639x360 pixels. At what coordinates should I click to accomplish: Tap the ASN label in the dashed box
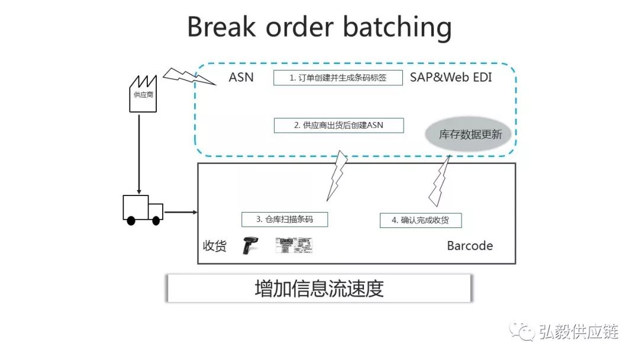241,77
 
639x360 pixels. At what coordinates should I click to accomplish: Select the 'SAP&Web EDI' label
451,77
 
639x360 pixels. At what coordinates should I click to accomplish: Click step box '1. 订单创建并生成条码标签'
338,78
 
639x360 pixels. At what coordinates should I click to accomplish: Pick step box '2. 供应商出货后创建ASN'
338,126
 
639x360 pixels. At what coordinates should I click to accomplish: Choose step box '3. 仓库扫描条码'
285,219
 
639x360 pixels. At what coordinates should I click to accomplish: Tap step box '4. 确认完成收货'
420,220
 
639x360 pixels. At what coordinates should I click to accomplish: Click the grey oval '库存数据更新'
470,134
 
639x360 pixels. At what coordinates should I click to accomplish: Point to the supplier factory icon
142,94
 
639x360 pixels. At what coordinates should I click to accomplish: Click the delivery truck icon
142,210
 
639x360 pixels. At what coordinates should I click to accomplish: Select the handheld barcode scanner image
249,245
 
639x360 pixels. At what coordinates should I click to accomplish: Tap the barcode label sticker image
294,246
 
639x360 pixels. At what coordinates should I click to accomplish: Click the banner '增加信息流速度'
319,288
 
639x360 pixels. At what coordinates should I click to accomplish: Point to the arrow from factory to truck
139,154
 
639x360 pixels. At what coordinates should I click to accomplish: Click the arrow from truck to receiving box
180,211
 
